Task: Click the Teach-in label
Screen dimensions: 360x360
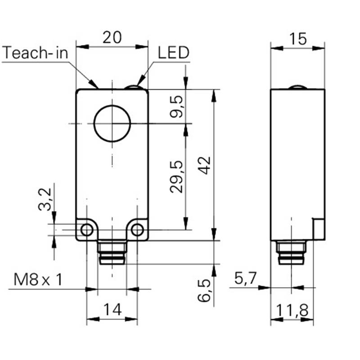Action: coord(36,53)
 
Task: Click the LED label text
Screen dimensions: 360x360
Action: coord(174,53)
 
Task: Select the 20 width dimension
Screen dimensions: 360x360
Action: coord(112,37)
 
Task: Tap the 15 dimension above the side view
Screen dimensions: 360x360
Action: coord(298,39)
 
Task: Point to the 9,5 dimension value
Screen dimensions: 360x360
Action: coord(176,107)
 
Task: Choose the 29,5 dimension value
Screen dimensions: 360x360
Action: coord(176,177)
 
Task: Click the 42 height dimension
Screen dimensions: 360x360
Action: coord(204,165)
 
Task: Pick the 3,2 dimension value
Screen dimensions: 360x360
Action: coord(45,199)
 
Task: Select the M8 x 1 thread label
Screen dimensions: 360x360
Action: coord(38,279)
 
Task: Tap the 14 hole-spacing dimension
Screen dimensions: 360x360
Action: coord(112,309)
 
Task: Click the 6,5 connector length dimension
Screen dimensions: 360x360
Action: coord(204,290)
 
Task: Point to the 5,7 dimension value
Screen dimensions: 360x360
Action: coord(245,279)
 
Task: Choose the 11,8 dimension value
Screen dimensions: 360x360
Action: coord(292,310)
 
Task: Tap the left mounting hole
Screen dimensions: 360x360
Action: coord(87,229)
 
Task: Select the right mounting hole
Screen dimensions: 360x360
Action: coord(137,229)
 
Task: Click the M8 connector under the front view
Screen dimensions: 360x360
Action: coord(112,252)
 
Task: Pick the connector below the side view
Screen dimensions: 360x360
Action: coord(291,252)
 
